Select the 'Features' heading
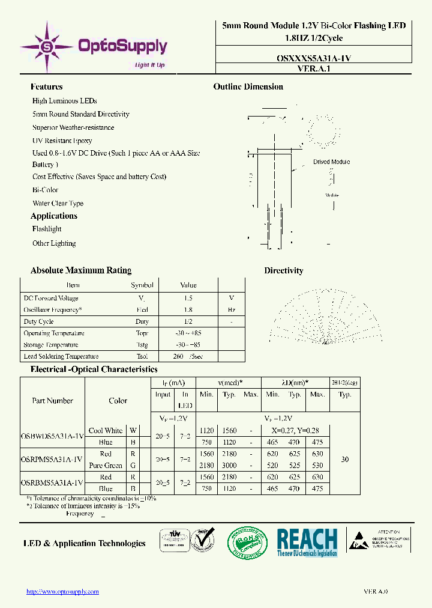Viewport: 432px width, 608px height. tap(46, 87)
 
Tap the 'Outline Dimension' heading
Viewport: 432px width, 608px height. tap(248, 87)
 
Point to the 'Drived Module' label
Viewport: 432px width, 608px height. tap(331, 162)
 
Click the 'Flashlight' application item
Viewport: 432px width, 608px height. tap(47, 229)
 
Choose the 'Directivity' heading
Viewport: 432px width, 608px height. tap(284, 270)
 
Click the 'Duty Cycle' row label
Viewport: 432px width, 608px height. tap(38, 321)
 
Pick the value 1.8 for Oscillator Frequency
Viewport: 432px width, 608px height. tap(188, 310)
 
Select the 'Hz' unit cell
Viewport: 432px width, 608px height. tap(231, 310)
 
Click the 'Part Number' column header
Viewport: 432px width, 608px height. tap(52, 401)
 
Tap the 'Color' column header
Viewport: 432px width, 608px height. tap(118, 401)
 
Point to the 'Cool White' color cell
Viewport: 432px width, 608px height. tap(105, 431)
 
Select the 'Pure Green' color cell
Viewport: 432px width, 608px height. tap(105, 466)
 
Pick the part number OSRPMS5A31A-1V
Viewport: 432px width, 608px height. tap(52, 460)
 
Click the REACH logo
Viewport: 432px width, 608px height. tap(307, 543)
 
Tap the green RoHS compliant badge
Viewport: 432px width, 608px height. tap(248, 543)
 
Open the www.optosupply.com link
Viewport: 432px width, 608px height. tap(62, 592)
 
